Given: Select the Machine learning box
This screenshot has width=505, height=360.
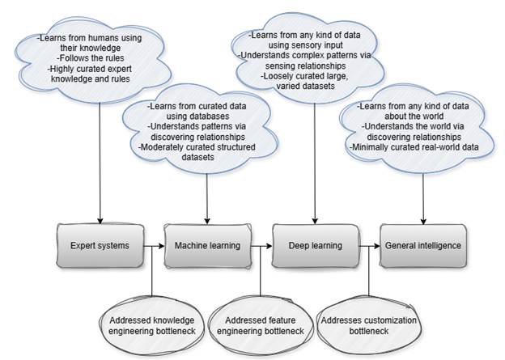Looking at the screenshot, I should point(207,245).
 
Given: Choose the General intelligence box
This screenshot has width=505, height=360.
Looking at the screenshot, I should point(422,245).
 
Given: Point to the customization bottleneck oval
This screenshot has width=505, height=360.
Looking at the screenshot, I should point(369,325).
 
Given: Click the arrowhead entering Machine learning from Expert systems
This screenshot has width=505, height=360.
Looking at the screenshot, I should point(161,245).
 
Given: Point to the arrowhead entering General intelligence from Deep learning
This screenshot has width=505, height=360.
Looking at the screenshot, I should point(376,245).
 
